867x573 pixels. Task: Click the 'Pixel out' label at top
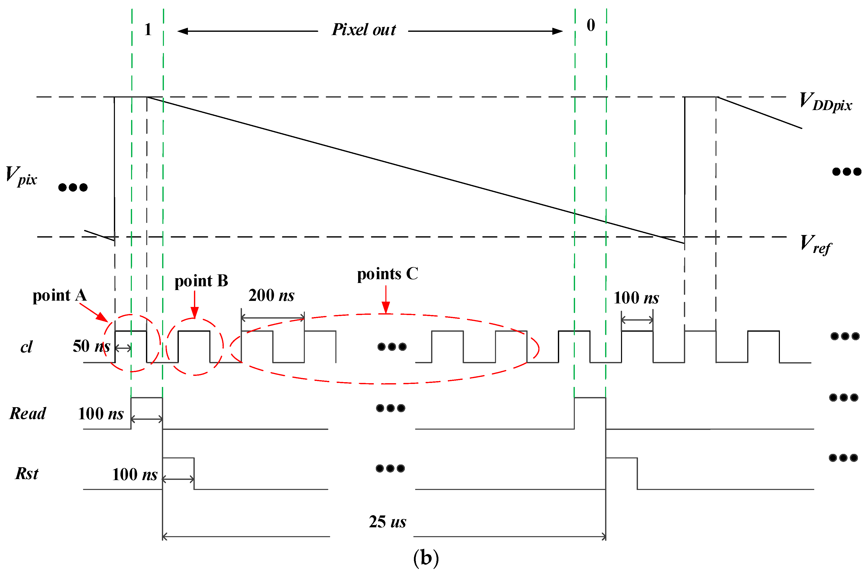363,30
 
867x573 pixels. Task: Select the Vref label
815,244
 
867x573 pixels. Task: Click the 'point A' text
60,295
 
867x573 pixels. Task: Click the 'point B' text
201,281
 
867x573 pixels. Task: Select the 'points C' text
387,274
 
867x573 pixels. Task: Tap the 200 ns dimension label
271,295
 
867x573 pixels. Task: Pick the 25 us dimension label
387,522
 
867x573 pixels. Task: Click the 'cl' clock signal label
26,346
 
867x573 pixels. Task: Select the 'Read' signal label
28,413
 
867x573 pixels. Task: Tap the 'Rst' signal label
27,473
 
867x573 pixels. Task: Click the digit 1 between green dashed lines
148,29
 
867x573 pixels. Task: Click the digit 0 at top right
591,25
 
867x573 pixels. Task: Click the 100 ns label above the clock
636,298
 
